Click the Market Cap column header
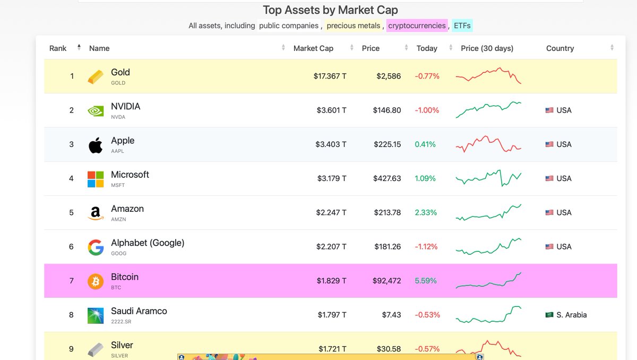(313, 48)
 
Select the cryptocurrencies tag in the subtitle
(417, 25)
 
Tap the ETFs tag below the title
(462, 25)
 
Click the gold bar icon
(96, 76)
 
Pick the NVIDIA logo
(96, 110)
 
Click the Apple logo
(96, 144)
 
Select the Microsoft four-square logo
(96, 179)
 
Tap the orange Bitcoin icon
(96, 281)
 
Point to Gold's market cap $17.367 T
(330, 76)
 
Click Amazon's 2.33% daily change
(426, 212)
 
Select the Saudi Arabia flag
(549, 315)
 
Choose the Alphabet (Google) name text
(148, 243)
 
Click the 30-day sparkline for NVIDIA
(488, 109)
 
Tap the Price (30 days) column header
(487, 48)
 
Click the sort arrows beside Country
(612, 48)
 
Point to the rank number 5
(71, 212)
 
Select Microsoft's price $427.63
(387, 178)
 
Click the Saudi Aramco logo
(96, 315)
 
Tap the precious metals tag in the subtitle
(353, 25)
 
